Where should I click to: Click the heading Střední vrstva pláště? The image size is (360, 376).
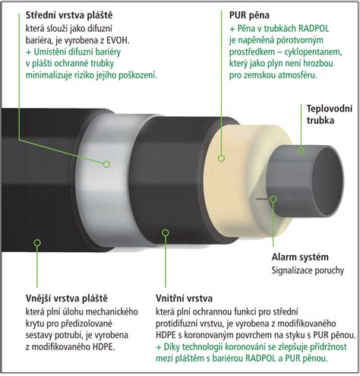[x=69, y=15]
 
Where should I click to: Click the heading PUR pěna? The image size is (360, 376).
[x=249, y=15]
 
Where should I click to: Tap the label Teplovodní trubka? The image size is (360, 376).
[x=330, y=114]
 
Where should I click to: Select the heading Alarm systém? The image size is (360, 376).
[x=300, y=257]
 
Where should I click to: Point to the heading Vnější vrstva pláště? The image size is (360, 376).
[x=67, y=299]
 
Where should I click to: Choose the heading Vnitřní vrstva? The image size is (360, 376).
[x=184, y=299]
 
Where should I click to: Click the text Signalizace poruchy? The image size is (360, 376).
[x=308, y=270]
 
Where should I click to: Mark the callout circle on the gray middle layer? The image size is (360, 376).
[x=106, y=164]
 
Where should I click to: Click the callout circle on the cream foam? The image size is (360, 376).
[x=221, y=159]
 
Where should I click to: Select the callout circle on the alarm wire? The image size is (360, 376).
[x=273, y=199]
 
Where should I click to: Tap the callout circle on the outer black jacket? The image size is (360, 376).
[x=37, y=243]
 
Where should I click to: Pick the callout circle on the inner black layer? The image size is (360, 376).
[x=166, y=232]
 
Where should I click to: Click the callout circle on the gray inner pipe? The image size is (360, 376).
[x=301, y=150]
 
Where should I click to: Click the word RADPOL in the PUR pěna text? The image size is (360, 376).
[x=314, y=28]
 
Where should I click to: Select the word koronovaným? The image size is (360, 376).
[x=206, y=335]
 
